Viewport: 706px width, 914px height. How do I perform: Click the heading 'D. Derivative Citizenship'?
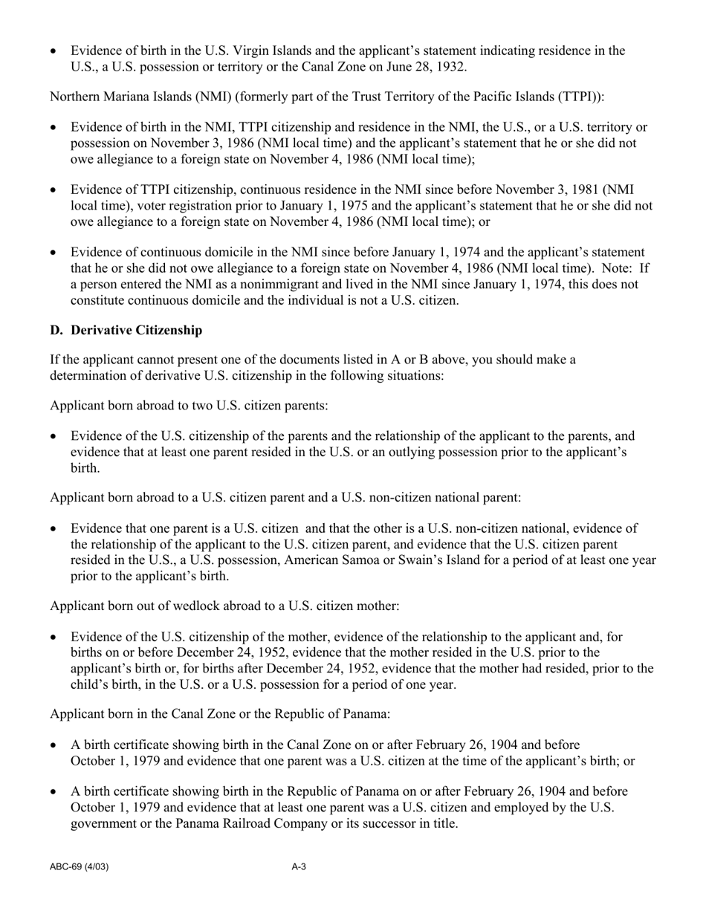point(126,329)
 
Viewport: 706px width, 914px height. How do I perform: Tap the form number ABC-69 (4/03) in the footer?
point(80,866)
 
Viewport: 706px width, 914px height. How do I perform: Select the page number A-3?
point(299,866)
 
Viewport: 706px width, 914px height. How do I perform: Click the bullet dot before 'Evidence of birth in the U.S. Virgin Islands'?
point(54,51)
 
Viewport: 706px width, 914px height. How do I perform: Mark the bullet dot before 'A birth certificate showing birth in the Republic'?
point(54,792)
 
